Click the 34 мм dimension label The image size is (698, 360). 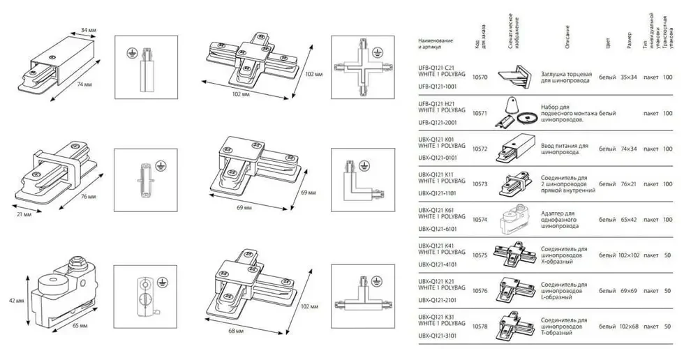coord(89,31)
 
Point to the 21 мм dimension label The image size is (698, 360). coord(24,213)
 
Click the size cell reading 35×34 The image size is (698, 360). coord(628,77)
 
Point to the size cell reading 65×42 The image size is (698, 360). coord(628,220)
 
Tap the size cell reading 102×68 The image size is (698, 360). coord(628,327)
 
